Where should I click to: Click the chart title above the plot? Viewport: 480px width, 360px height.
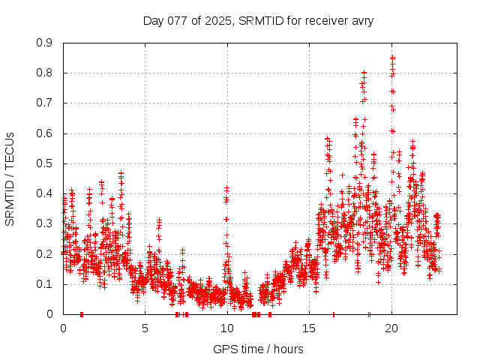pos(258,20)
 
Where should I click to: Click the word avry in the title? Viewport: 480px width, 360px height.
pos(361,20)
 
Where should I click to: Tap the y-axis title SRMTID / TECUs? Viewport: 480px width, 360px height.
pos(10,178)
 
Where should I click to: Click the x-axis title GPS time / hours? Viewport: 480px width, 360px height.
pos(258,349)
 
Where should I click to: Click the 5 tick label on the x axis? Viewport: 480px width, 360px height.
pos(145,328)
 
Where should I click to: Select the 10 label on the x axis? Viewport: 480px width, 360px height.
pos(227,328)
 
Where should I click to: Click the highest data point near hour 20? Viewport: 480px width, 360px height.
pos(391,57)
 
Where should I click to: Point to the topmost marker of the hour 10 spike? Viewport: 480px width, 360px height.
pos(226,187)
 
